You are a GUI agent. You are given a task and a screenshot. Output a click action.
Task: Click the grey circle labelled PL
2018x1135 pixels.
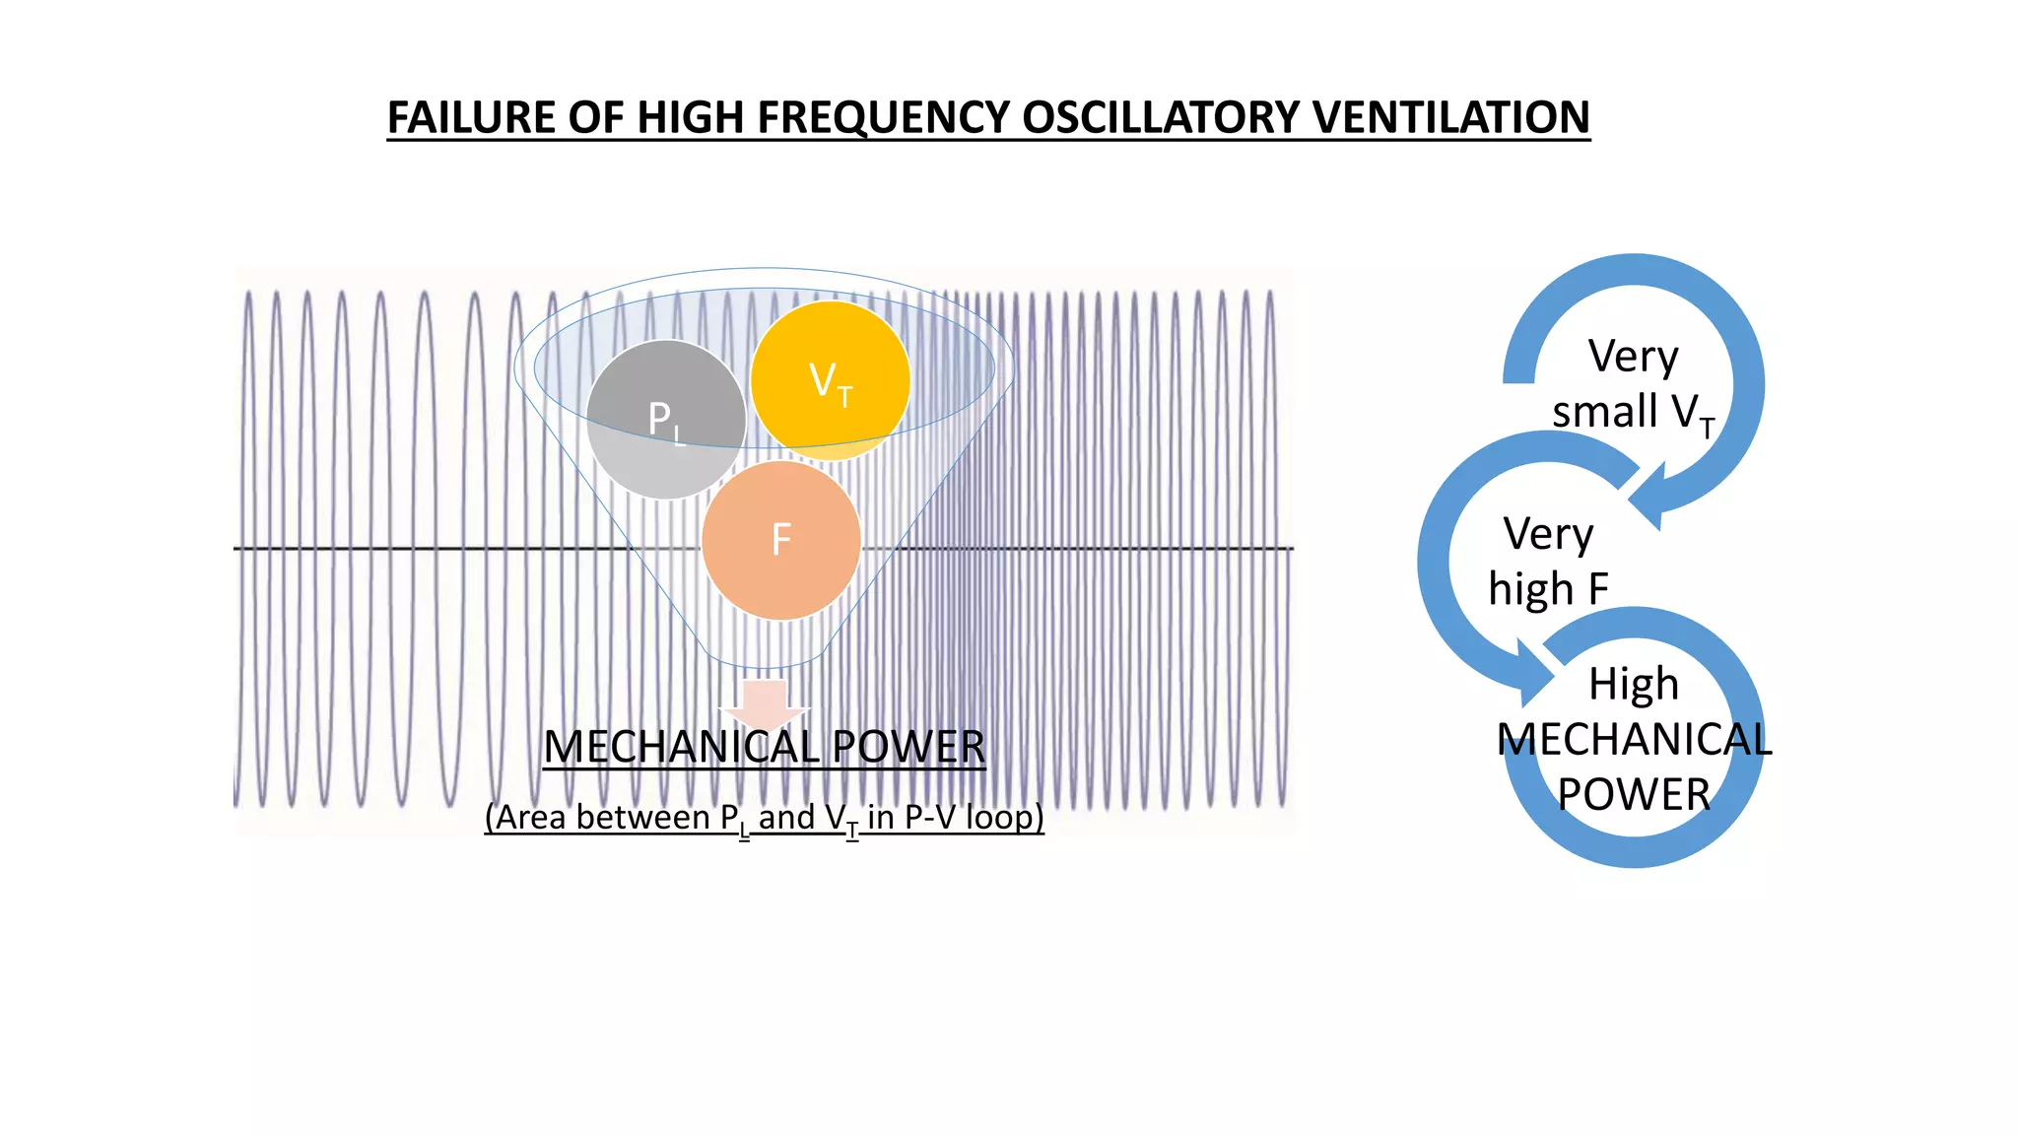pyautogui.click(x=665, y=420)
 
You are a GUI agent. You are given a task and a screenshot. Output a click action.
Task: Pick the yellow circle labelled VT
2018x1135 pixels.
pyautogui.click(x=830, y=380)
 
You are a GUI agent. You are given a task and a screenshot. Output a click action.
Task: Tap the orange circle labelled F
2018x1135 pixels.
pyautogui.click(x=781, y=540)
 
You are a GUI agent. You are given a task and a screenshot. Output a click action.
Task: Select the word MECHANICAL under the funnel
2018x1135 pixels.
pyautogui.click(x=681, y=747)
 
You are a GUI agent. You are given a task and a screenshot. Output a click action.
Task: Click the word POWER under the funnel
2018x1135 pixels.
pyautogui.click(x=908, y=747)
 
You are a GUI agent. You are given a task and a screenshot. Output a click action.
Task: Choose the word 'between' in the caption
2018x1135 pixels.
pyautogui.click(x=642, y=818)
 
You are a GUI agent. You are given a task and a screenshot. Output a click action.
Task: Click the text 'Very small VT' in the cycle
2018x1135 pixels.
pyautogui.click(x=1633, y=384)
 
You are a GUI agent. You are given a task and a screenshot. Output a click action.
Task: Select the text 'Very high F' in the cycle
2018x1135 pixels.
pyautogui.click(x=1548, y=562)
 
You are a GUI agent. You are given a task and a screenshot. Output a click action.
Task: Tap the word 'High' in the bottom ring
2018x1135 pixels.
pyautogui.click(x=1633, y=684)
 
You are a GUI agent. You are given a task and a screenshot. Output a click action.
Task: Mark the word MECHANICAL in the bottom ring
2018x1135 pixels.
pyautogui.click(x=1633, y=739)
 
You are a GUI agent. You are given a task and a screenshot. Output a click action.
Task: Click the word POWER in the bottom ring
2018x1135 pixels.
pyautogui.click(x=1633, y=794)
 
